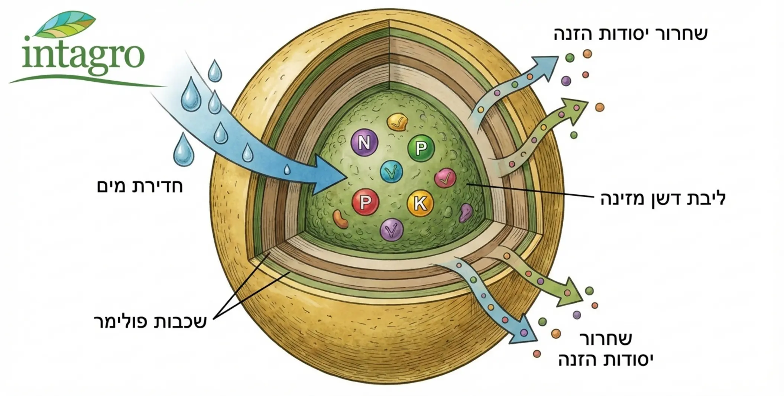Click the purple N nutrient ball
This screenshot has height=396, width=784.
coord(364,142)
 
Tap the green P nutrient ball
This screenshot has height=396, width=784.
coord(421,148)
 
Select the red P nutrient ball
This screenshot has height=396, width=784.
coord(366,202)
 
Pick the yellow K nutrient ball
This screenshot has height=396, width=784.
coord(420,203)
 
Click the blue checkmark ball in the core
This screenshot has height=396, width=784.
coord(391,172)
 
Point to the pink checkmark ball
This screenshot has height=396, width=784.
coord(445,178)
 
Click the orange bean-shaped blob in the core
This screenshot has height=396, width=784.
coord(340,219)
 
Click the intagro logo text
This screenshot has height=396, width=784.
coord(82,56)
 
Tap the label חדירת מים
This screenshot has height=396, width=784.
coord(140,186)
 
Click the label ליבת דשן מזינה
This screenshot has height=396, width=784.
coord(663,199)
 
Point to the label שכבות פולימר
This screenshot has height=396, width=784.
coord(150,321)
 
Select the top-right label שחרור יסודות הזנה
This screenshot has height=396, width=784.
coord(631,34)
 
